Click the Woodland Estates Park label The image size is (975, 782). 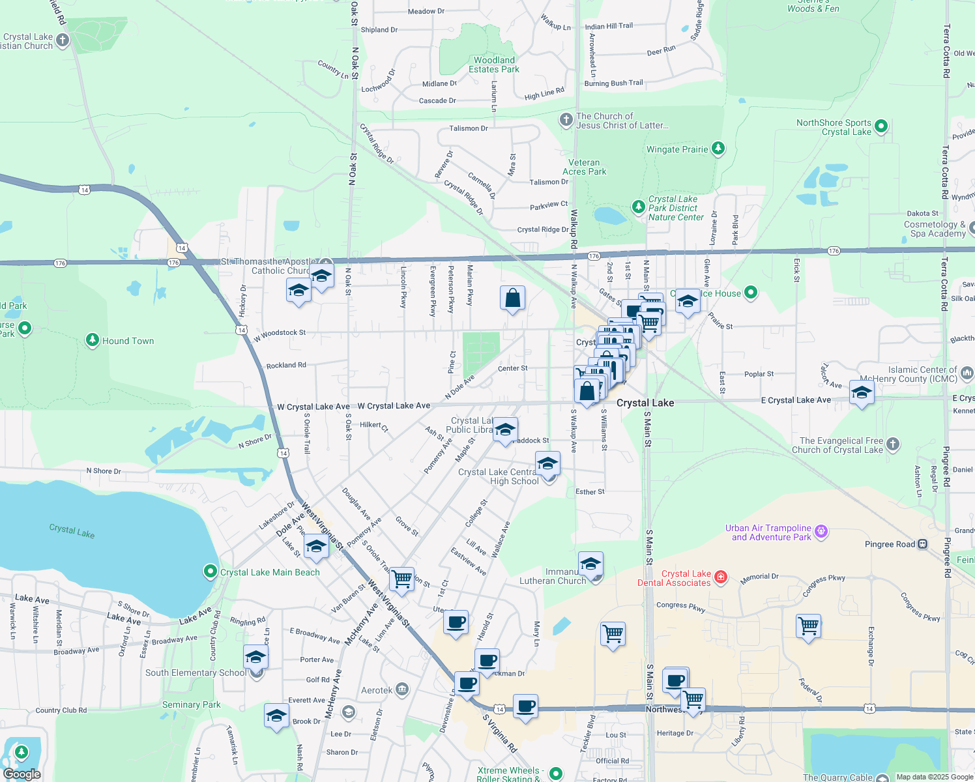coord(494,65)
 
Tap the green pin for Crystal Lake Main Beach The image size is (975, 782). coord(210,572)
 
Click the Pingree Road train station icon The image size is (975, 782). coord(922,544)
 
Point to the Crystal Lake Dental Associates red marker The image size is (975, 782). coord(720,576)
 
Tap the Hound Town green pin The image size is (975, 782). coord(93,340)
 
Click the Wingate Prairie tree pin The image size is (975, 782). coord(718,149)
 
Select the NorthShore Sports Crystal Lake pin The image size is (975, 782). coord(880,126)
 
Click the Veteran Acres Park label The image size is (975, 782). coord(584,167)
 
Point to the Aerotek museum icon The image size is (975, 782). coord(402,689)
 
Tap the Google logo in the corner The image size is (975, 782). coord(22,774)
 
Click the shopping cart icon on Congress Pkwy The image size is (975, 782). coord(808,626)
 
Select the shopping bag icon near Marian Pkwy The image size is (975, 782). coord(512,298)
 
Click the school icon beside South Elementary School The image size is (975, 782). coord(255,657)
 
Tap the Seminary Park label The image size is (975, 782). coord(191,704)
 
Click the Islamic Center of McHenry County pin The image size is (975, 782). coord(967,373)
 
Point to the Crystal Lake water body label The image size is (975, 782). coord(72,530)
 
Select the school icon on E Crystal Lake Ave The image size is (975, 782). coord(861,394)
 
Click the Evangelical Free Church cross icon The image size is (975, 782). coord(893,444)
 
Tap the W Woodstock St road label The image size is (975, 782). coord(280,335)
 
